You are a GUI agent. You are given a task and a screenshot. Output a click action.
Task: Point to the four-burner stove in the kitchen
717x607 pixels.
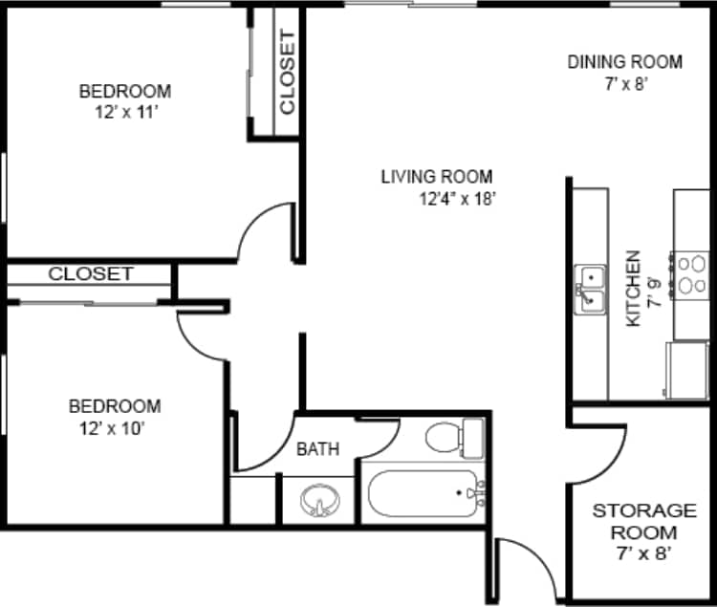coord(691,273)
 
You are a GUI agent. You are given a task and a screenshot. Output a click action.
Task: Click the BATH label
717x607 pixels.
coord(317,448)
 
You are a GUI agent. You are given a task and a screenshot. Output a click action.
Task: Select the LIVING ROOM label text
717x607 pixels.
coord(437,176)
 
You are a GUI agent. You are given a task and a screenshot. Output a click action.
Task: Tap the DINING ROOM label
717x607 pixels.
coord(625,62)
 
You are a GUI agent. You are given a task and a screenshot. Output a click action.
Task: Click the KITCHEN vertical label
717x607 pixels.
coord(632,290)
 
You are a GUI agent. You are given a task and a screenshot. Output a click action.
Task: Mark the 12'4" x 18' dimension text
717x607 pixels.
coord(456,199)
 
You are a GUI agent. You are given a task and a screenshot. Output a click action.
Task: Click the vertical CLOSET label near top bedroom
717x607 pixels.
coord(287,73)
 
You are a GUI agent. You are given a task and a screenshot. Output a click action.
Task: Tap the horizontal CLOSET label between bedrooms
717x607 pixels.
coord(91,273)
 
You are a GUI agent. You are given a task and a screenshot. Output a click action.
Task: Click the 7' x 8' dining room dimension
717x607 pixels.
coord(625,83)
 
